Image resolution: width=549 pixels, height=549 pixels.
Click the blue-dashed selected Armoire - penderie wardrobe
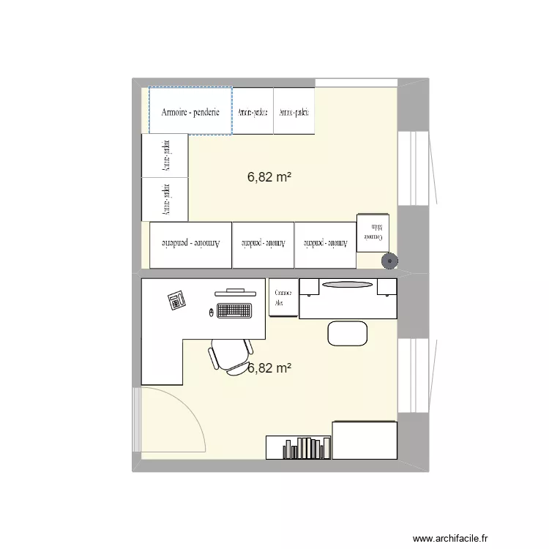point(190,111)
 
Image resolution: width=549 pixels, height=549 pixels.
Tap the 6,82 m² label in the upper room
point(269,176)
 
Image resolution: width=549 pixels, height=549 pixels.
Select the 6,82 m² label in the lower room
point(269,368)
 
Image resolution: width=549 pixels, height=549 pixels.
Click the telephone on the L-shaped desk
point(176,300)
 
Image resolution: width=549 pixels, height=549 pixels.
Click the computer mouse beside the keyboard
point(212,313)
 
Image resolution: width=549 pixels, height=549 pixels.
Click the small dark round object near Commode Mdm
point(389,259)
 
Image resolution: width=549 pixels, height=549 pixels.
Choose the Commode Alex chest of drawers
point(283,298)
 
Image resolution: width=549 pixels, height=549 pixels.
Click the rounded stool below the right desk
point(347,333)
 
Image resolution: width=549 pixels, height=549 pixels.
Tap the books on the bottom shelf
point(303,447)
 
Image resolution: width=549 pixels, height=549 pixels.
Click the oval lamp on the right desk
point(347,284)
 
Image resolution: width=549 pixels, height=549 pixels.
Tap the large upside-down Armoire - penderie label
point(190,243)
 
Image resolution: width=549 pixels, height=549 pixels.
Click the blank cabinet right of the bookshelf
point(364,440)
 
